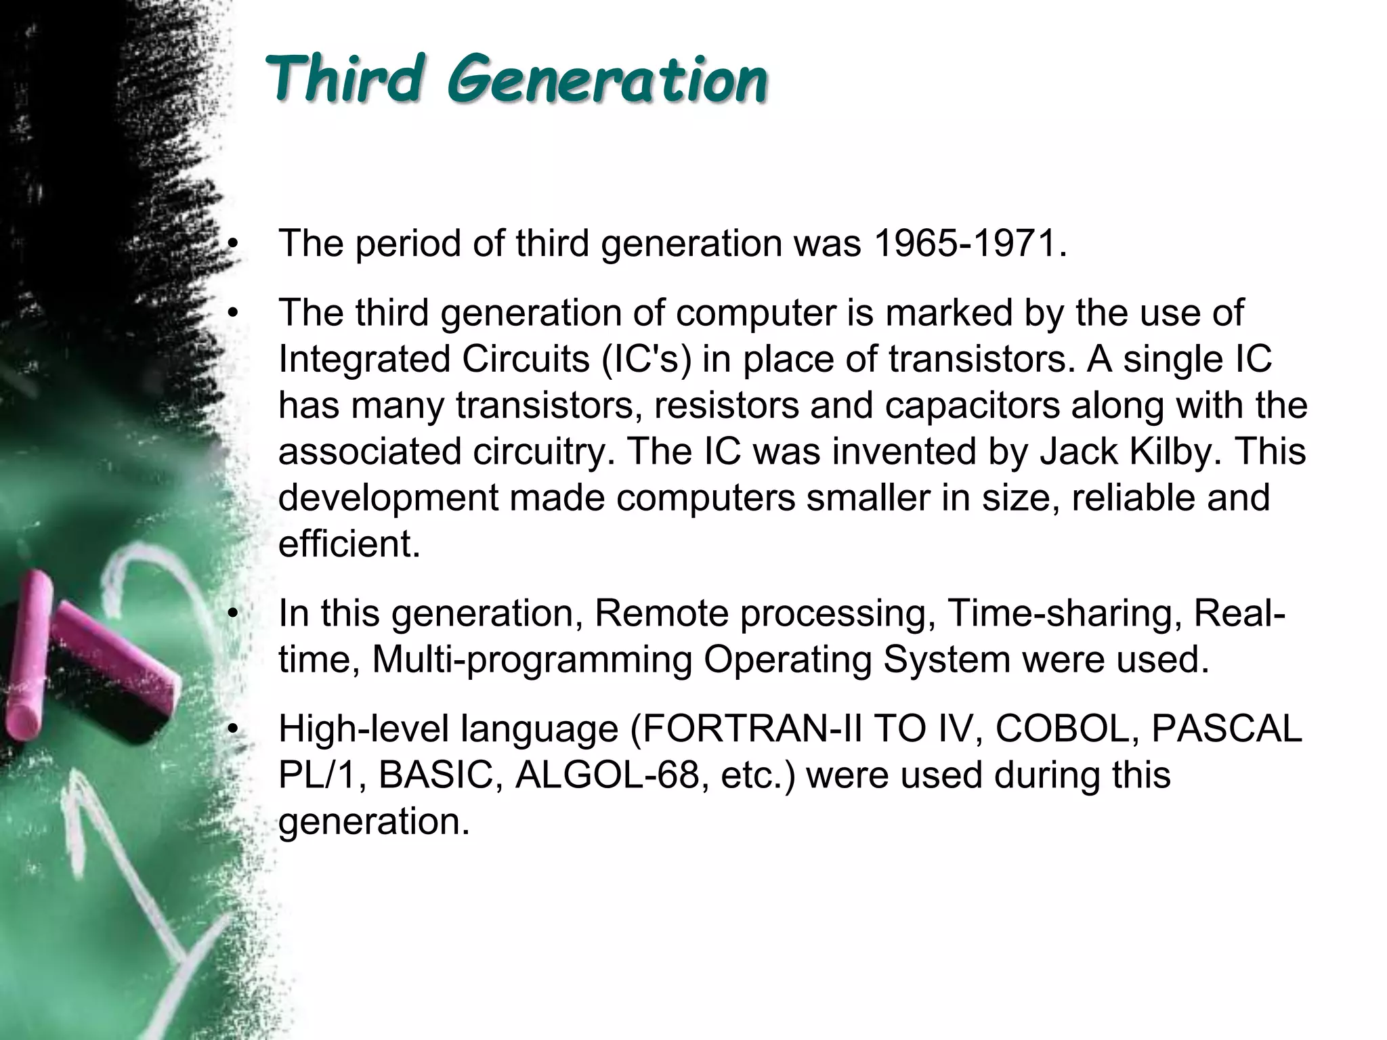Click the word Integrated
coord(364,359)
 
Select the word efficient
coord(349,543)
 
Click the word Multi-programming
coord(532,659)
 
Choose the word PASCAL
coord(1226,729)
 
